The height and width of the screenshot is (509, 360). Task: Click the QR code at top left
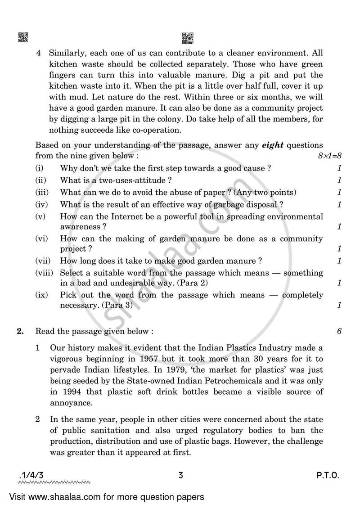(x=23, y=37)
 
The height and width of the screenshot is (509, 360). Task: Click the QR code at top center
(x=187, y=37)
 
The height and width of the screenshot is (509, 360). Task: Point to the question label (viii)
(x=44, y=273)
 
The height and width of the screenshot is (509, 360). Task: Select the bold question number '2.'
(x=20, y=331)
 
